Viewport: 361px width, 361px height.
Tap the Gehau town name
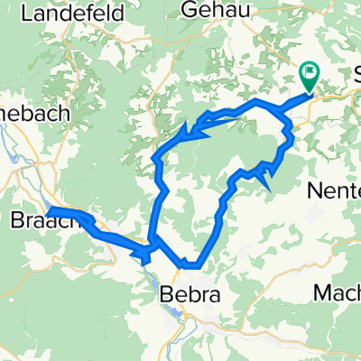pyautogui.click(x=213, y=9)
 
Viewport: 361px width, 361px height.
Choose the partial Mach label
pyautogui.click(x=337, y=292)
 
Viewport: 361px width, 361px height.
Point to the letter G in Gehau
pyautogui.click(x=190, y=9)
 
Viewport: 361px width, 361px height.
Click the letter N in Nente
pyautogui.click(x=316, y=191)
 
